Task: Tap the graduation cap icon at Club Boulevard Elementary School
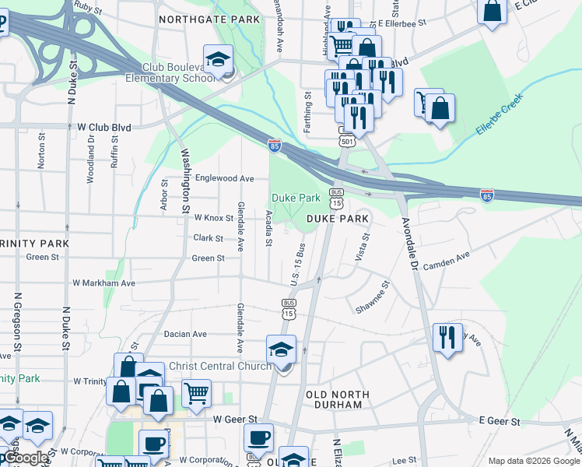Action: coord(218,60)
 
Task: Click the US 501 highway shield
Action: coord(346,140)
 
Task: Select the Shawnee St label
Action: coord(373,299)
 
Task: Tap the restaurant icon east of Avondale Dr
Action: coord(447,338)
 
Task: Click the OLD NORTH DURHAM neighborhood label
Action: coord(334,400)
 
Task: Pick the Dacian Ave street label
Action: coord(185,334)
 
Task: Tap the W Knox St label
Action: coord(214,218)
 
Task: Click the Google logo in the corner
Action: coord(25,458)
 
